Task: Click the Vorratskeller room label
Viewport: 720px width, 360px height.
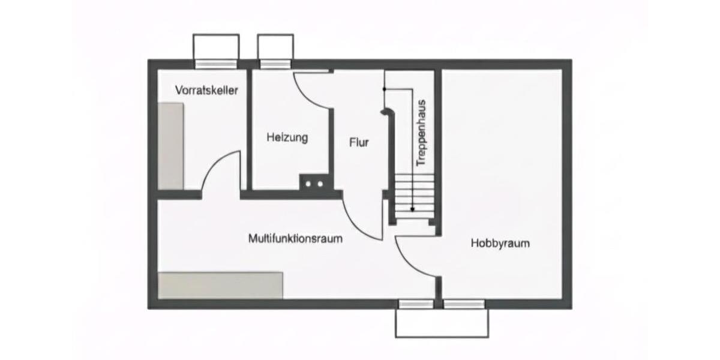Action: (206, 91)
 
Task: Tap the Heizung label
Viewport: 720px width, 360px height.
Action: (287, 137)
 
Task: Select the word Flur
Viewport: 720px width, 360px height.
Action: (359, 143)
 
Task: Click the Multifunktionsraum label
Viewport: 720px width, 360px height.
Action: (295, 239)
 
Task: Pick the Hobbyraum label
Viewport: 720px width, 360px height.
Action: (500, 244)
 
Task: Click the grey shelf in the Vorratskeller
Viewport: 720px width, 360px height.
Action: (170, 146)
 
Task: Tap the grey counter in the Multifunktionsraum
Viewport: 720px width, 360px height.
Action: (220, 285)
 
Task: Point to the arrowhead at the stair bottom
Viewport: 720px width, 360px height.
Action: (413, 209)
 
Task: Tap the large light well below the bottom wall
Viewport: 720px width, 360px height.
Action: (442, 323)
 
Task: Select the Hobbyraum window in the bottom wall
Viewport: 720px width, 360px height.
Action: (464, 304)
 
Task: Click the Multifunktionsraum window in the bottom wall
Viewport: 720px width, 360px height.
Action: (416, 304)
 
